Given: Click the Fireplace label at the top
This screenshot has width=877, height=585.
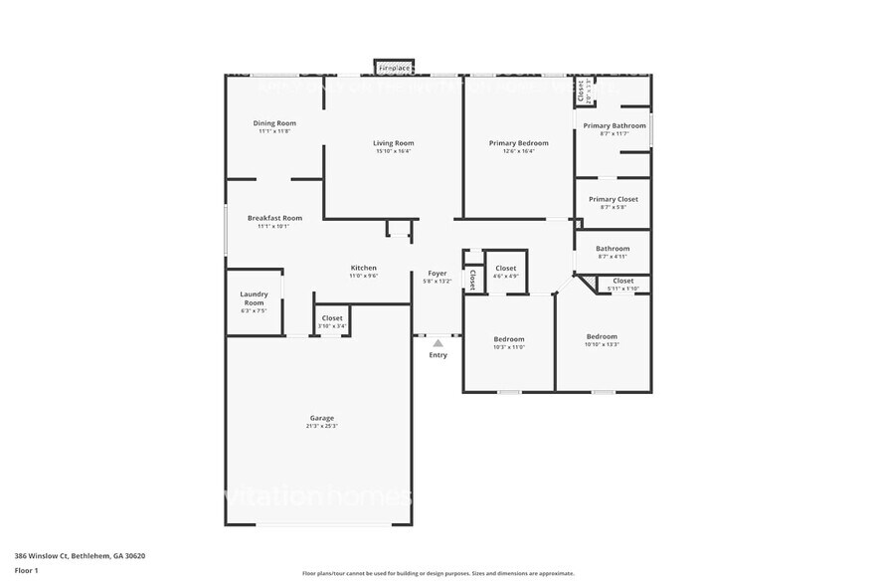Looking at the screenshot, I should (x=395, y=68).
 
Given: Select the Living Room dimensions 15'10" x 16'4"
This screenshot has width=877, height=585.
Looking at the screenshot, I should (x=394, y=151).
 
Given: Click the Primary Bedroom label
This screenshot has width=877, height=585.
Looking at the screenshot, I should (x=518, y=143).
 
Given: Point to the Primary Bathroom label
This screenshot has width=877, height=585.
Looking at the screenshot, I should (x=611, y=125).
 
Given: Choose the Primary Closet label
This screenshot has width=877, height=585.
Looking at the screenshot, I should (x=613, y=199).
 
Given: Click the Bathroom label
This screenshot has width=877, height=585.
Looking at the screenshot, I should (x=613, y=249).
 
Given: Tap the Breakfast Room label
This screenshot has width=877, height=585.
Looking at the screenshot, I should (x=274, y=218).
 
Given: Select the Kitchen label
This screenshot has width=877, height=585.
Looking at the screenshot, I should (x=363, y=268).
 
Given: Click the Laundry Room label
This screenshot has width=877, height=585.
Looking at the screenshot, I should (x=254, y=297).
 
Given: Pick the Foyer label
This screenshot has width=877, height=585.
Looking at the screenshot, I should (x=438, y=273).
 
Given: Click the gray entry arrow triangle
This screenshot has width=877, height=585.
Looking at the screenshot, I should (x=438, y=343).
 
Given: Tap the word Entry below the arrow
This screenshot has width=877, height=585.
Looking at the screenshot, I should (x=438, y=355).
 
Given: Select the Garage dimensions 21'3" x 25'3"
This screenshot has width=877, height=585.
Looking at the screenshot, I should (x=321, y=426).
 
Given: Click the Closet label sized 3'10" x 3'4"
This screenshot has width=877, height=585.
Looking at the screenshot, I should (x=332, y=318).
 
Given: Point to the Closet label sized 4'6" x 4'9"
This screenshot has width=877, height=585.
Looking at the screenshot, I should (x=505, y=268).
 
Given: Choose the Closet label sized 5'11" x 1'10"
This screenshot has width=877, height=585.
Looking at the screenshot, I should (x=622, y=281).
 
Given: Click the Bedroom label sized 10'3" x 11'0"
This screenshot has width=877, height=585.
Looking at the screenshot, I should (x=509, y=339).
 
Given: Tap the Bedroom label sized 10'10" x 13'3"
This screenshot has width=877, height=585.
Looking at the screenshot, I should (x=602, y=336).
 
